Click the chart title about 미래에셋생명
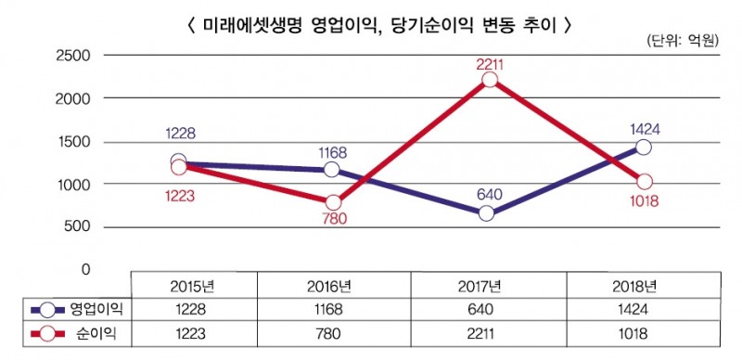tap(371, 25)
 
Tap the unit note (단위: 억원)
tap(682, 42)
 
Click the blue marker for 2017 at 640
tap(486, 213)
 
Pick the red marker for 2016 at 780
tap(333, 202)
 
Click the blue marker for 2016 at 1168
tap(332, 170)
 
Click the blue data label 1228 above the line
tap(179, 134)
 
